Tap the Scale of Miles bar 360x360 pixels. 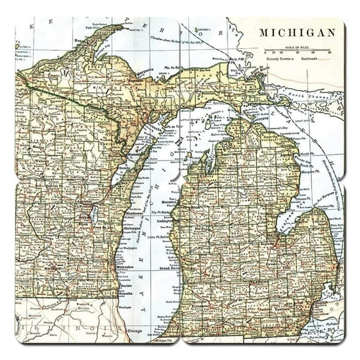pyautogui.click(x=289, y=50)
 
